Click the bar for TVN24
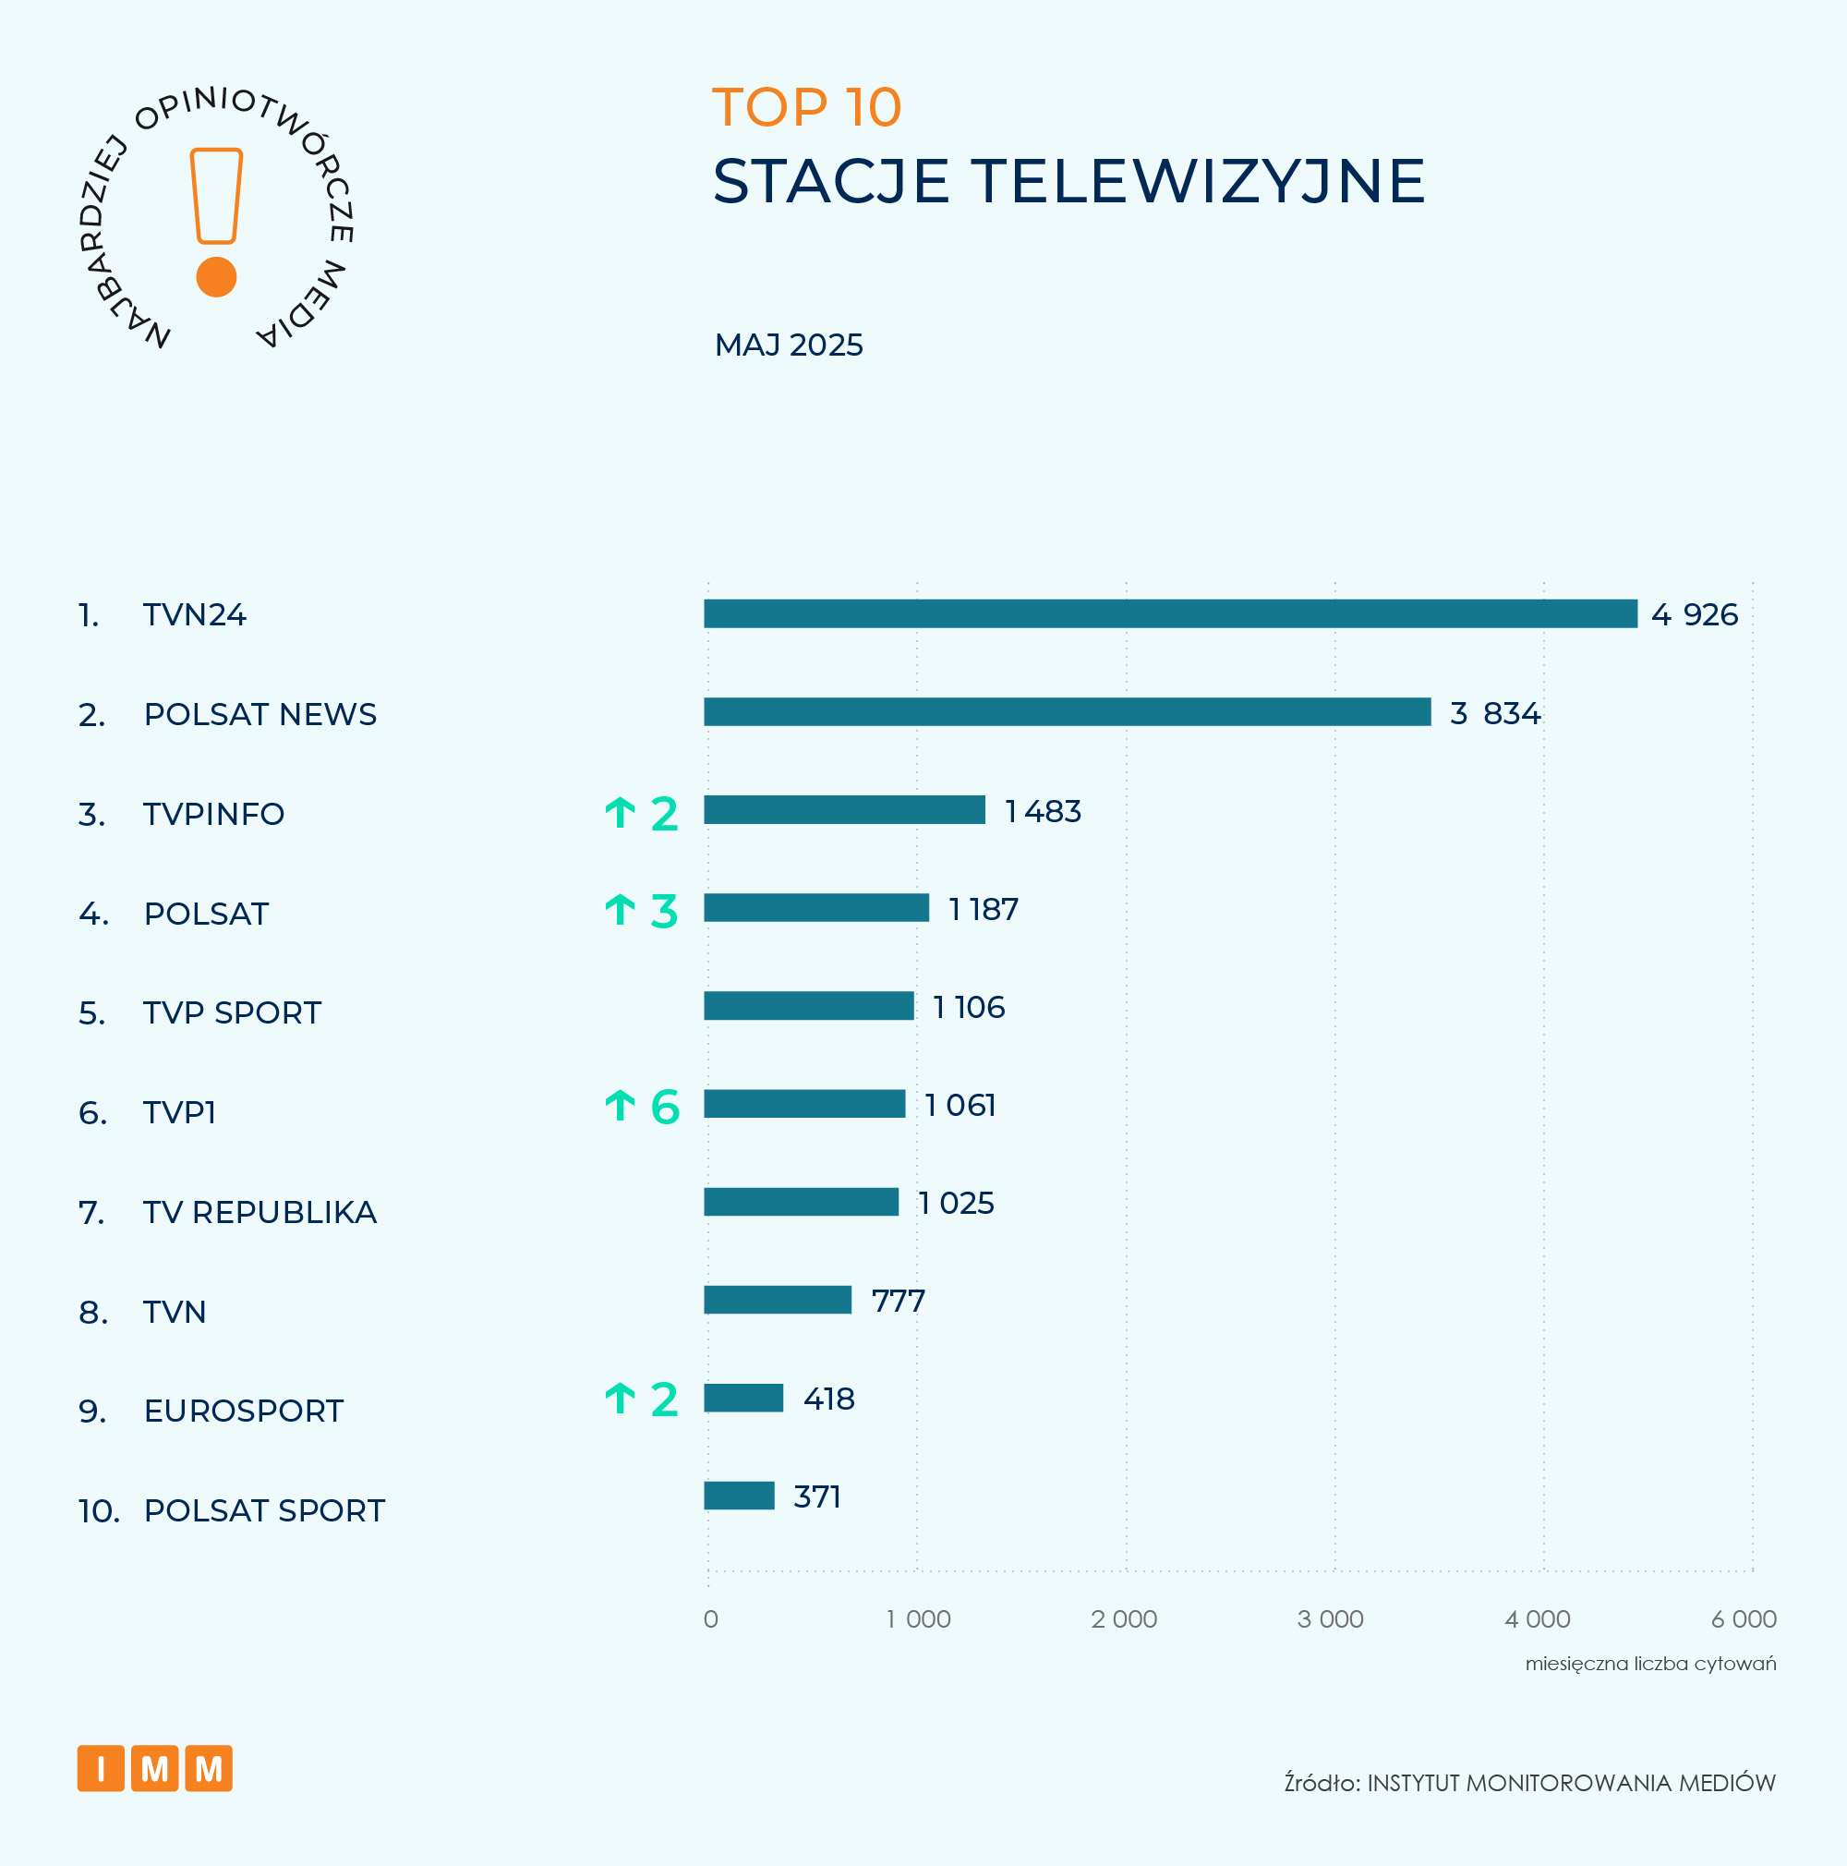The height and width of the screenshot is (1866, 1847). point(1170,613)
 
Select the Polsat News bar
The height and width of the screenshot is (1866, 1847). point(1067,712)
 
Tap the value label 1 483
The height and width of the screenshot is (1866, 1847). point(1043,811)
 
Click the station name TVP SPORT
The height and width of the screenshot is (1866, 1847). point(232,1012)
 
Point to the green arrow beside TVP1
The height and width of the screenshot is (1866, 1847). point(620,1105)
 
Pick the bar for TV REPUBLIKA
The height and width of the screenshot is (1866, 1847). point(801,1202)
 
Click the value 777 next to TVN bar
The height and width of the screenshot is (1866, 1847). point(898,1301)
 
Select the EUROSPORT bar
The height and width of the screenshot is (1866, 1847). point(743,1398)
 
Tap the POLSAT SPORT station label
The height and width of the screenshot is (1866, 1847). point(263,1509)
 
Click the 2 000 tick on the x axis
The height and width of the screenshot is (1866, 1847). point(1124,1618)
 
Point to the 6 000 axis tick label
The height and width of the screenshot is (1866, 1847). point(1744,1618)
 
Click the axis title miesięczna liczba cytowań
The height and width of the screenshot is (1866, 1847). point(1650,1663)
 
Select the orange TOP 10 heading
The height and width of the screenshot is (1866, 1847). point(806,106)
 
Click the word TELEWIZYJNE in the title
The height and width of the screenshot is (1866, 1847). point(1198,182)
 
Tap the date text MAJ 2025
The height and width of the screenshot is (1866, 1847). point(789,345)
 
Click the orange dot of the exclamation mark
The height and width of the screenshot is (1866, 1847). point(216,277)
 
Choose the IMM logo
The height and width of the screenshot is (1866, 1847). point(154,1767)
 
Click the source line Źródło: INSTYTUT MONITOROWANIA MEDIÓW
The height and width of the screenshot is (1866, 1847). point(1529,1783)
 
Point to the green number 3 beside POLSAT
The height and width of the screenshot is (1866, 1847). point(664,911)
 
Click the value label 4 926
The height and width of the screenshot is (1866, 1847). point(1695,614)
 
